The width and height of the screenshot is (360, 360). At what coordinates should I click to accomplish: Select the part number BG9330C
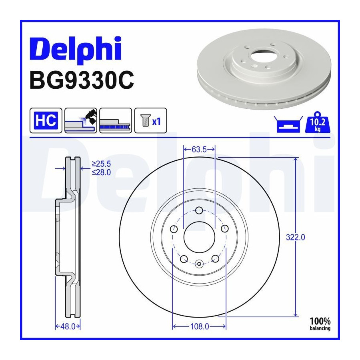tap(82, 80)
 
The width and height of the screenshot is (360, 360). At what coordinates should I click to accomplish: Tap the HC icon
tap(46, 120)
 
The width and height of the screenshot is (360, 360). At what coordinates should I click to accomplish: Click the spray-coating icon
tap(81, 120)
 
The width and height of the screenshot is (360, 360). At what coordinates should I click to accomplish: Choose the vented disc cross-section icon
tap(116, 120)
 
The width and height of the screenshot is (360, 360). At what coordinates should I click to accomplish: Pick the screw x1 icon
tap(151, 120)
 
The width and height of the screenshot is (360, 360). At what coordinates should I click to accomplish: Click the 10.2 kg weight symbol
tap(318, 123)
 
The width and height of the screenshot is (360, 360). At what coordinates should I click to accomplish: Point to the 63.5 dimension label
tap(199, 150)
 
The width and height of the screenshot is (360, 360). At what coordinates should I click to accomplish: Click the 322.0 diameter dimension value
tap(296, 237)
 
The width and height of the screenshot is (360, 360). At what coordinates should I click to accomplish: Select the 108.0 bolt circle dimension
tap(200, 326)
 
